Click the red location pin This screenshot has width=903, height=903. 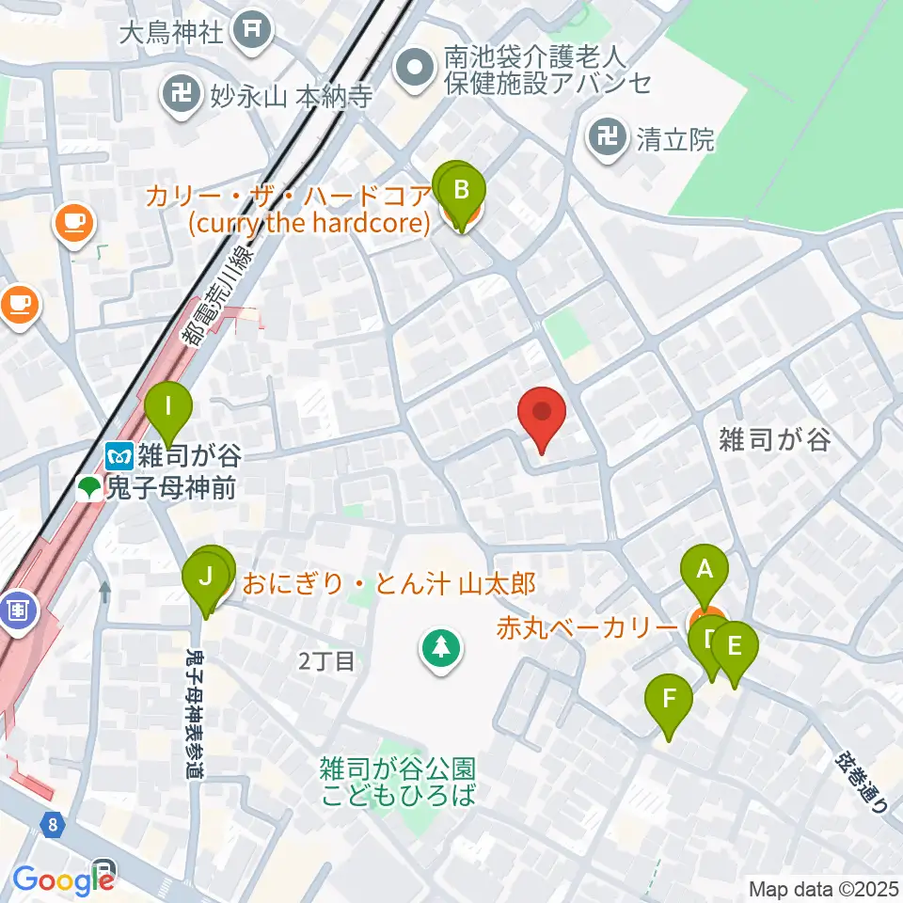click(542, 420)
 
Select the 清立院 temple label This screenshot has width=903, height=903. click(674, 140)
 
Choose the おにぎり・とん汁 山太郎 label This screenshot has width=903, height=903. click(388, 584)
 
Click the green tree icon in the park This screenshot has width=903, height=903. click(439, 647)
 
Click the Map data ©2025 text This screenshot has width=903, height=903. click(825, 888)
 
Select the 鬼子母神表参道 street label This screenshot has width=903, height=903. click(196, 711)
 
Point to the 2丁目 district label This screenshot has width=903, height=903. click(326, 662)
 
